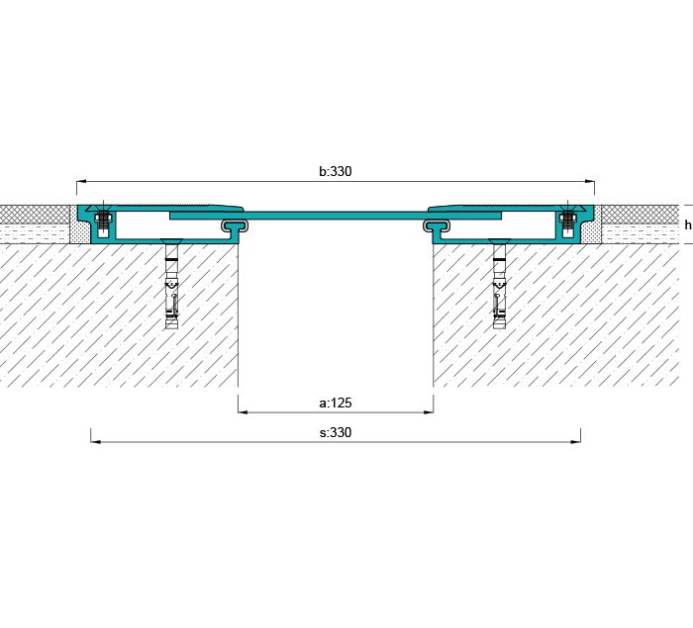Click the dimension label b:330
point(336,171)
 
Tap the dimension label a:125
point(336,403)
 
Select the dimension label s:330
point(336,432)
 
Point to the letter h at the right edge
point(688,224)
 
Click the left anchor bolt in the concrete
point(172,286)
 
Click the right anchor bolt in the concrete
point(499,286)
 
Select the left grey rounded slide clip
point(235,225)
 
